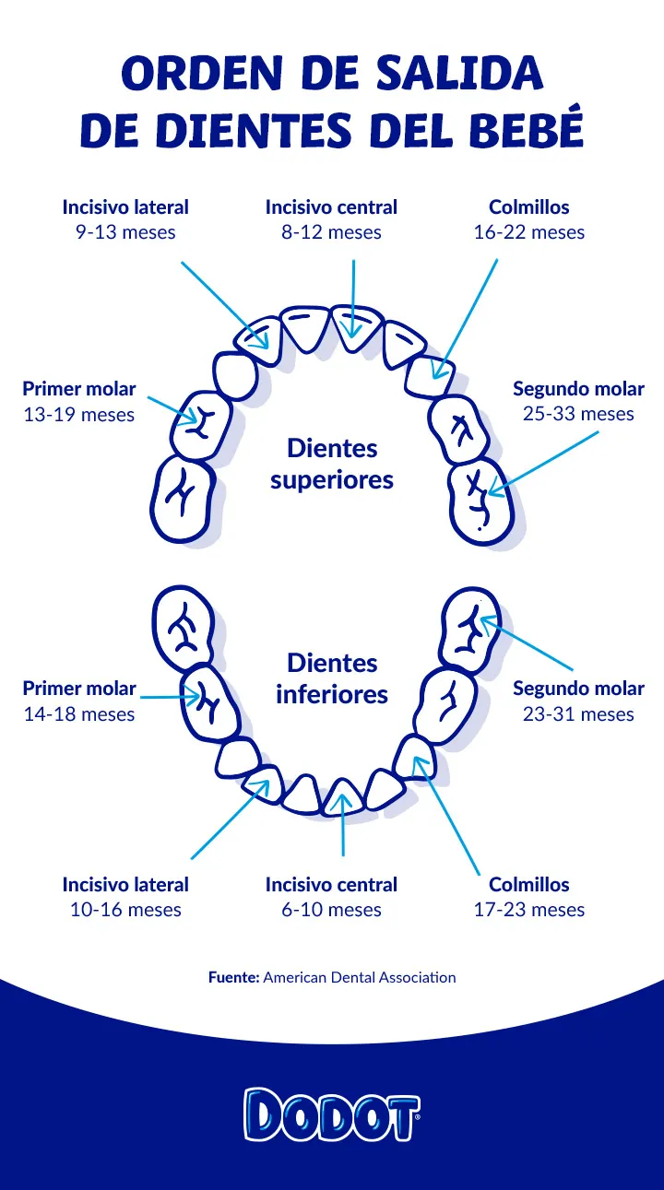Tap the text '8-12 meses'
click(331, 232)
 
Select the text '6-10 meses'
click(331, 910)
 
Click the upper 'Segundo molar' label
click(578, 389)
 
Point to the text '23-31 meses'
click(578, 713)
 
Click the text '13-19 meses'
click(79, 415)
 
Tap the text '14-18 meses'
click(79, 713)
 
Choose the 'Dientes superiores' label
click(332, 464)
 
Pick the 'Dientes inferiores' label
click(332, 678)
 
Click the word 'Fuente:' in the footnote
click(233, 977)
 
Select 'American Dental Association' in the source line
click(360, 977)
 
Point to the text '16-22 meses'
click(529, 232)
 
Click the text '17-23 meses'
click(529, 910)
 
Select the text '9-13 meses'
click(125, 232)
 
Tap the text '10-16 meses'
click(125, 910)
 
